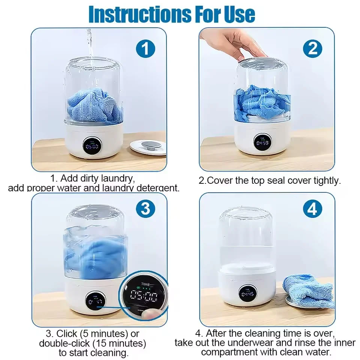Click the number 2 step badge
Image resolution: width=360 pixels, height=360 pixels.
[x=313, y=49]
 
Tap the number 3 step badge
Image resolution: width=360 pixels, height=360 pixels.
[x=145, y=209]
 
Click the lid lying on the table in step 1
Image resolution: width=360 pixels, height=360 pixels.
[x=148, y=146]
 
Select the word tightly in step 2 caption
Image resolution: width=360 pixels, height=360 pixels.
[x=326, y=180]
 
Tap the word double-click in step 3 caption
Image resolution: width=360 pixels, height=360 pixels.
[x=63, y=343]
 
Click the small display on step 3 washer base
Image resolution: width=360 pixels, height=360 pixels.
[x=94, y=300]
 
